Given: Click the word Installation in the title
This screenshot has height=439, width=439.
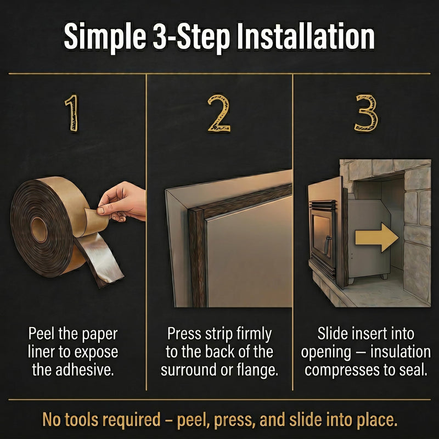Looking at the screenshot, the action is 306,37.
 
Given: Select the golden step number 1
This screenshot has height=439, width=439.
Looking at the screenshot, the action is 72,113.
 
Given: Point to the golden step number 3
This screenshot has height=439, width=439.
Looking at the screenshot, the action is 365,113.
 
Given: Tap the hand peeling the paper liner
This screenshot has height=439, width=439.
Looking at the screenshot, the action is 122,201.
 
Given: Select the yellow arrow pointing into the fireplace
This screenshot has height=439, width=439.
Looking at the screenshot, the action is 376,238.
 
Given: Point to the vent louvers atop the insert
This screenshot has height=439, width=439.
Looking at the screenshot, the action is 322,206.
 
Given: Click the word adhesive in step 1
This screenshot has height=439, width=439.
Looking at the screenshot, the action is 85,370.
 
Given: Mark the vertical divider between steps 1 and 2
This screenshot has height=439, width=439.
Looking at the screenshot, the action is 146,232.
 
